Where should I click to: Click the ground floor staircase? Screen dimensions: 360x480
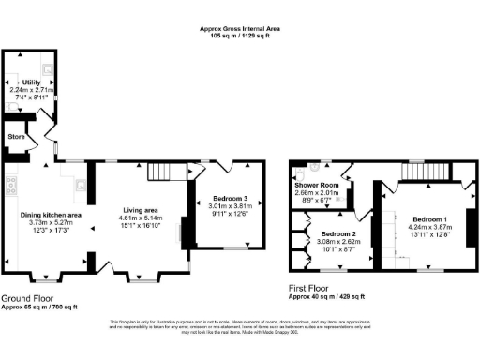point(160,172)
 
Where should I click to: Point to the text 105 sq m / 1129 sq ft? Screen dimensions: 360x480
point(240,37)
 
